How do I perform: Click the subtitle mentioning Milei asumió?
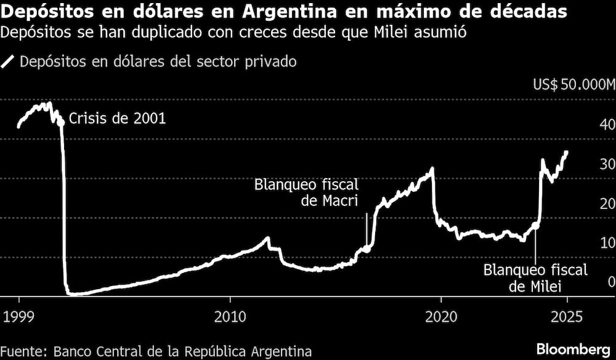pyautogui.click(x=233, y=33)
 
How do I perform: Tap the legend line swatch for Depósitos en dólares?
pyautogui.click(x=8, y=62)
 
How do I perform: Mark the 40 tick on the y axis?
pyautogui.click(x=607, y=125)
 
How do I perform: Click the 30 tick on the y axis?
pyautogui.click(x=607, y=164)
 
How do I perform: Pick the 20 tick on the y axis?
pyautogui.click(x=607, y=203)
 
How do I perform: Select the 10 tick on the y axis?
pyautogui.click(x=607, y=243)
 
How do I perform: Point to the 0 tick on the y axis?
pyautogui.click(x=610, y=282)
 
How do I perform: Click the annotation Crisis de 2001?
pyautogui.click(x=117, y=119)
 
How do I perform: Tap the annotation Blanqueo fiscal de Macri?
pyautogui.click(x=306, y=193)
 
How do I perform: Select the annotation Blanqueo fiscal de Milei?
pyautogui.click(x=535, y=278)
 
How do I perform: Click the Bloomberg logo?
pyautogui.click(x=575, y=349)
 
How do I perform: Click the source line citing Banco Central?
pyautogui.click(x=156, y=351)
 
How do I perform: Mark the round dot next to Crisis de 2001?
pyautogui.click(x=60, y=123)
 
